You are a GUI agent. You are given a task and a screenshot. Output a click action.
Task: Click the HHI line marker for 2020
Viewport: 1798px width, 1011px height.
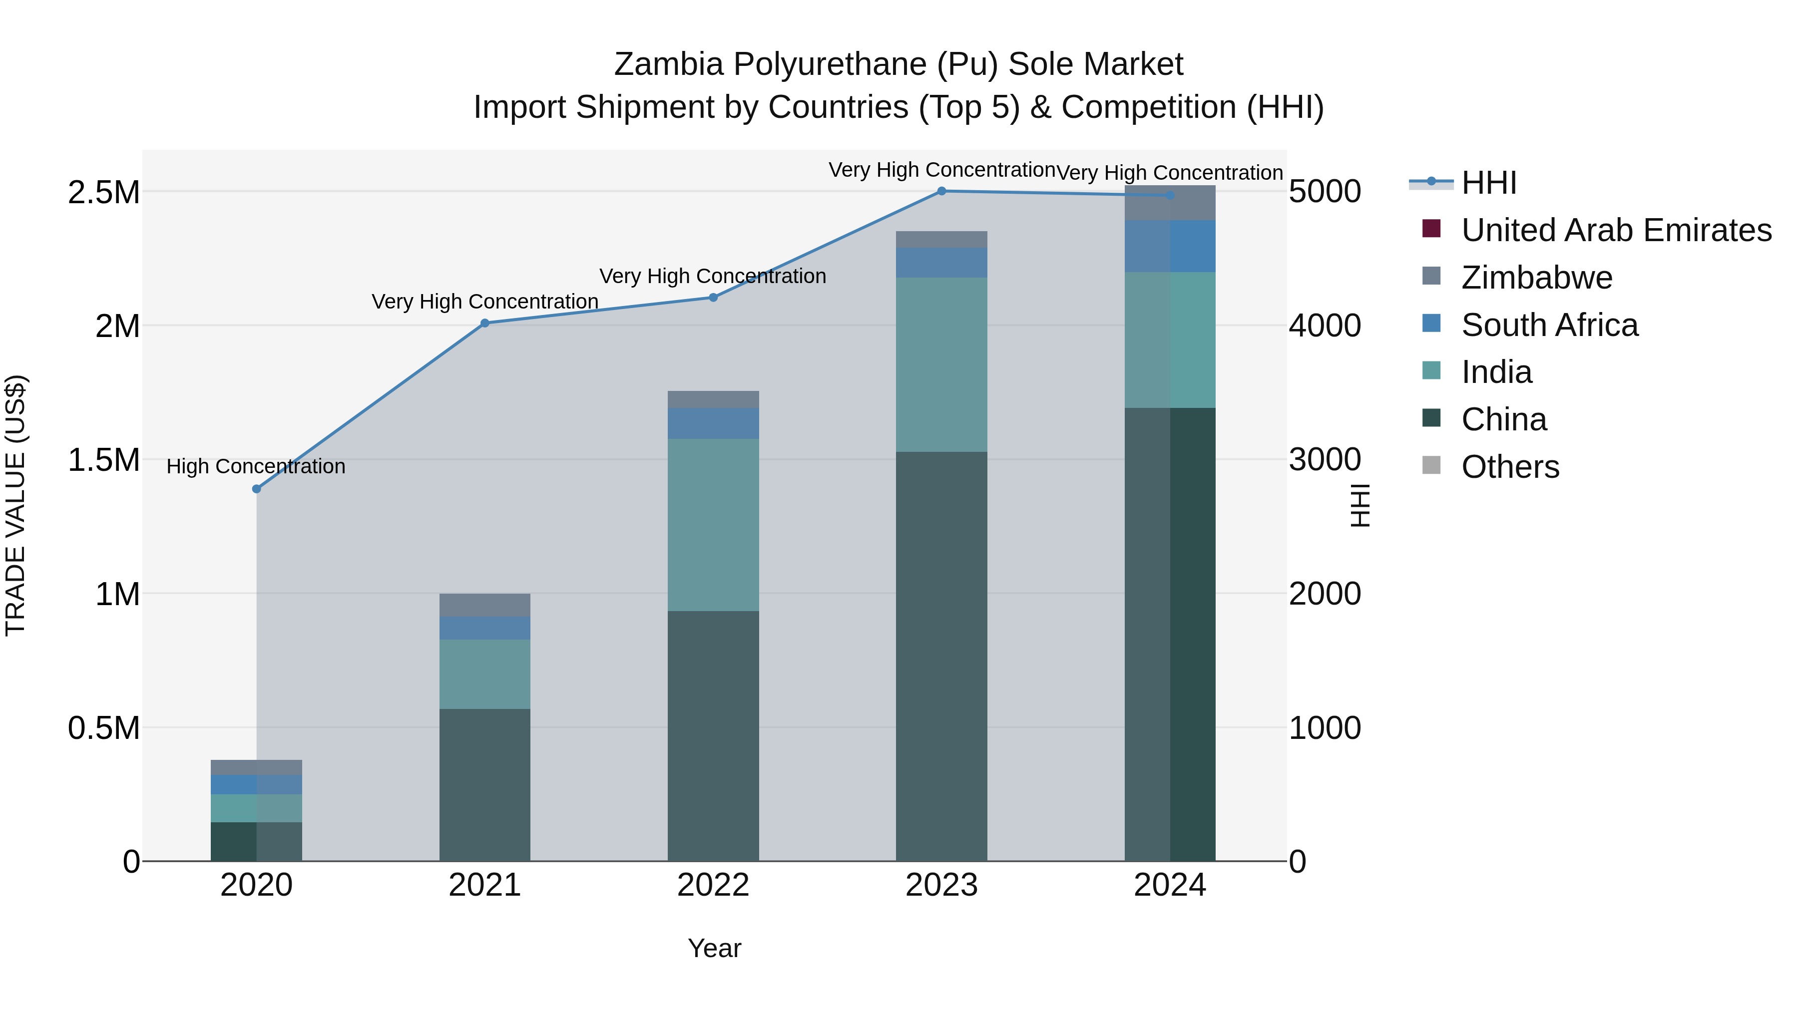256,489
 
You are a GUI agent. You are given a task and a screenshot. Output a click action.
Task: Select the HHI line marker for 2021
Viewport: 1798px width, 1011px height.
485,323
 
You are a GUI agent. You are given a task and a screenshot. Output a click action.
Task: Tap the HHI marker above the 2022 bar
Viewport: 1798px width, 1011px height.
713,297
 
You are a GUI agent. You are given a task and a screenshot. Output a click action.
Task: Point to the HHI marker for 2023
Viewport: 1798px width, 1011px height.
941,191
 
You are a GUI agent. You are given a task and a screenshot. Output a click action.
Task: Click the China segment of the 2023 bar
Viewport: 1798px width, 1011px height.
941,656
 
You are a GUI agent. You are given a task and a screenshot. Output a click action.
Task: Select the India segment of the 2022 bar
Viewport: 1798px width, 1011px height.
713,525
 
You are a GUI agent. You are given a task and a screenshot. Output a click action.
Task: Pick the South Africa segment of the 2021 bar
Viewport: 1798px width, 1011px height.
485,628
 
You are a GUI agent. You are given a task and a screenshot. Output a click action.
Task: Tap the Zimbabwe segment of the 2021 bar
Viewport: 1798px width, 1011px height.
485,605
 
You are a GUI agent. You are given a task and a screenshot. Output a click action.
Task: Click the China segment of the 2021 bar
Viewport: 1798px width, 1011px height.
485,785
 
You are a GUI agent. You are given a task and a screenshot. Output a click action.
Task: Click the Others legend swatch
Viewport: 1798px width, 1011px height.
1431,465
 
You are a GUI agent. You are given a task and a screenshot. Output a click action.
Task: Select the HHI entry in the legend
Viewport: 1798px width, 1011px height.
1489,183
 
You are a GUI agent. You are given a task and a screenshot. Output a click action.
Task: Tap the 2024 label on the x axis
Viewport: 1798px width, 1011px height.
1170,885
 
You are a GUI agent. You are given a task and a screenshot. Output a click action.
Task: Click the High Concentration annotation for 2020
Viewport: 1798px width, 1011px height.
256,466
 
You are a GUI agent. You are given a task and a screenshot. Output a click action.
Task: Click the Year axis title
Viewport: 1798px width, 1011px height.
714,948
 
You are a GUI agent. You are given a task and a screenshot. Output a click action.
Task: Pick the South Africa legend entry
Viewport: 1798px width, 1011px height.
1549,325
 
